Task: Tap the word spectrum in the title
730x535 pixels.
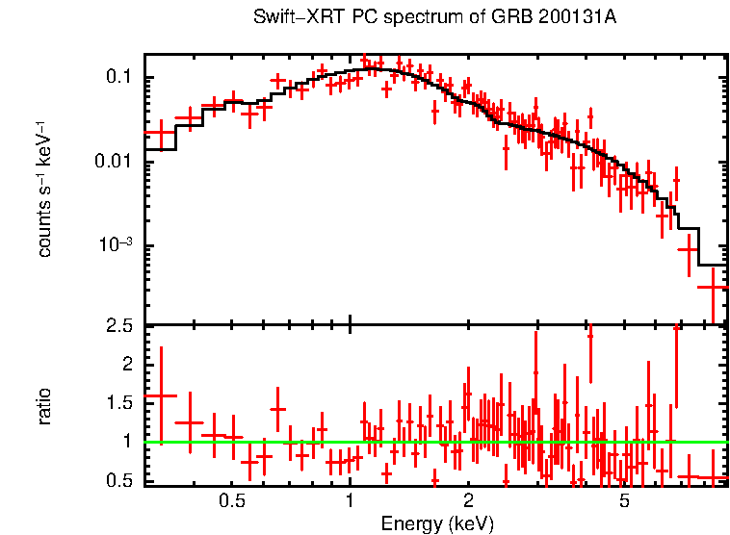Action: [x=395, y=18]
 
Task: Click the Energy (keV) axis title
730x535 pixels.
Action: [x=437, y=524]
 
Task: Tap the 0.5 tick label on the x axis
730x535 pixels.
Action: [x=231, y=502]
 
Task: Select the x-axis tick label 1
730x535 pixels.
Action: [x=350, y=502]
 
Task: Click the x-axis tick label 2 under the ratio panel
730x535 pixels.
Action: [x=468, y=502]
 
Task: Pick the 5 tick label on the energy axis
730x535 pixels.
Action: [x=624, y=502]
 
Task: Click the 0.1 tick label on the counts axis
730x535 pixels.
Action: [x=118, y=77]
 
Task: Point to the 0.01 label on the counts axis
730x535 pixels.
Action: [x=114, y=161]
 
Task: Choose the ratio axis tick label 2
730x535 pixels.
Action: [x=126, y=365]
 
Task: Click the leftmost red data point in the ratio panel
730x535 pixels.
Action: [x=161, y=395]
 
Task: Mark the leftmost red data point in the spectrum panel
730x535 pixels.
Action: [x=161, y=133]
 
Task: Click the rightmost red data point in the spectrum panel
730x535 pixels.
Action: [x=713, y=287]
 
